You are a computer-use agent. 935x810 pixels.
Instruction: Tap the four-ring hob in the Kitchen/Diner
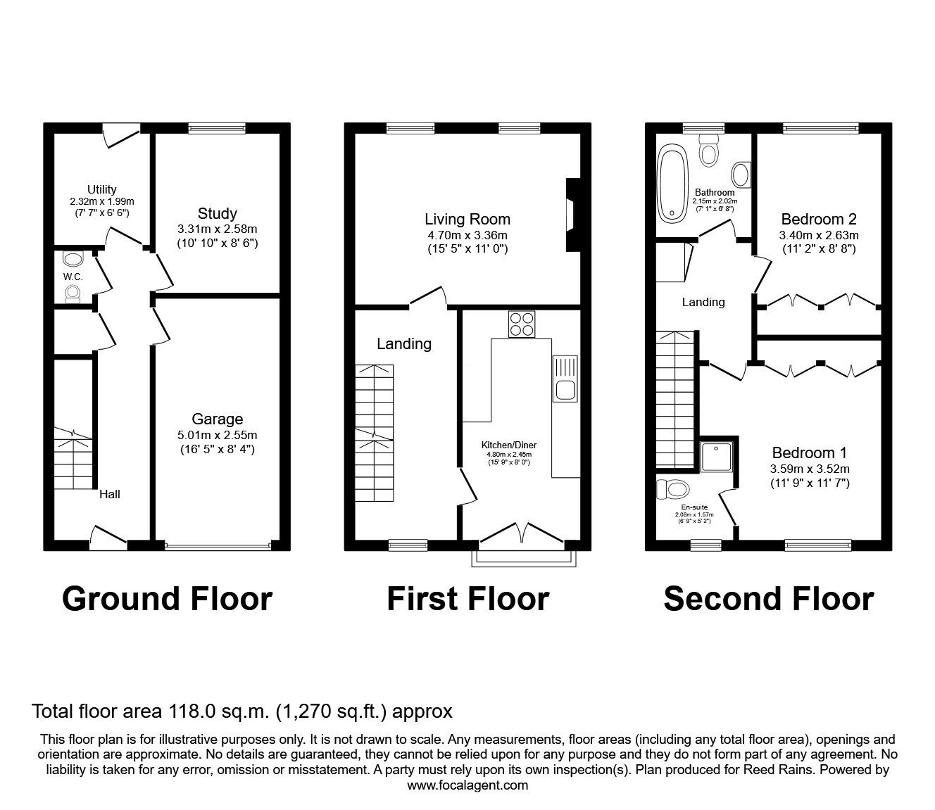coord(522,324)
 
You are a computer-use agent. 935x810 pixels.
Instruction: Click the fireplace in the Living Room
coord(572,215)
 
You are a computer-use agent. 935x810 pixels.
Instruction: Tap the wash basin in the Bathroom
coord(741,172)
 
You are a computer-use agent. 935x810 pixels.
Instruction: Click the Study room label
coord(217,213)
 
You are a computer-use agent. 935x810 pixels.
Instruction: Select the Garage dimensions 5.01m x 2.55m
coord(217,435)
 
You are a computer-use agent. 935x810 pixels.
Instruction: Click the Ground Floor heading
coord(167,599)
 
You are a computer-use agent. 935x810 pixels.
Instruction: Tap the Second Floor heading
coord(768,599)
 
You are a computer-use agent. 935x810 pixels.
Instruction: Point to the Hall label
coord(109,494)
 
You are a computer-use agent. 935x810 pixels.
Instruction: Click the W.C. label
coord(73,277)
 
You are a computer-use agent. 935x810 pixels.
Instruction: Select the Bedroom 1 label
coord(809,453)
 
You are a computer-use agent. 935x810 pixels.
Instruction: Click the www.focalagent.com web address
coord(467,785)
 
